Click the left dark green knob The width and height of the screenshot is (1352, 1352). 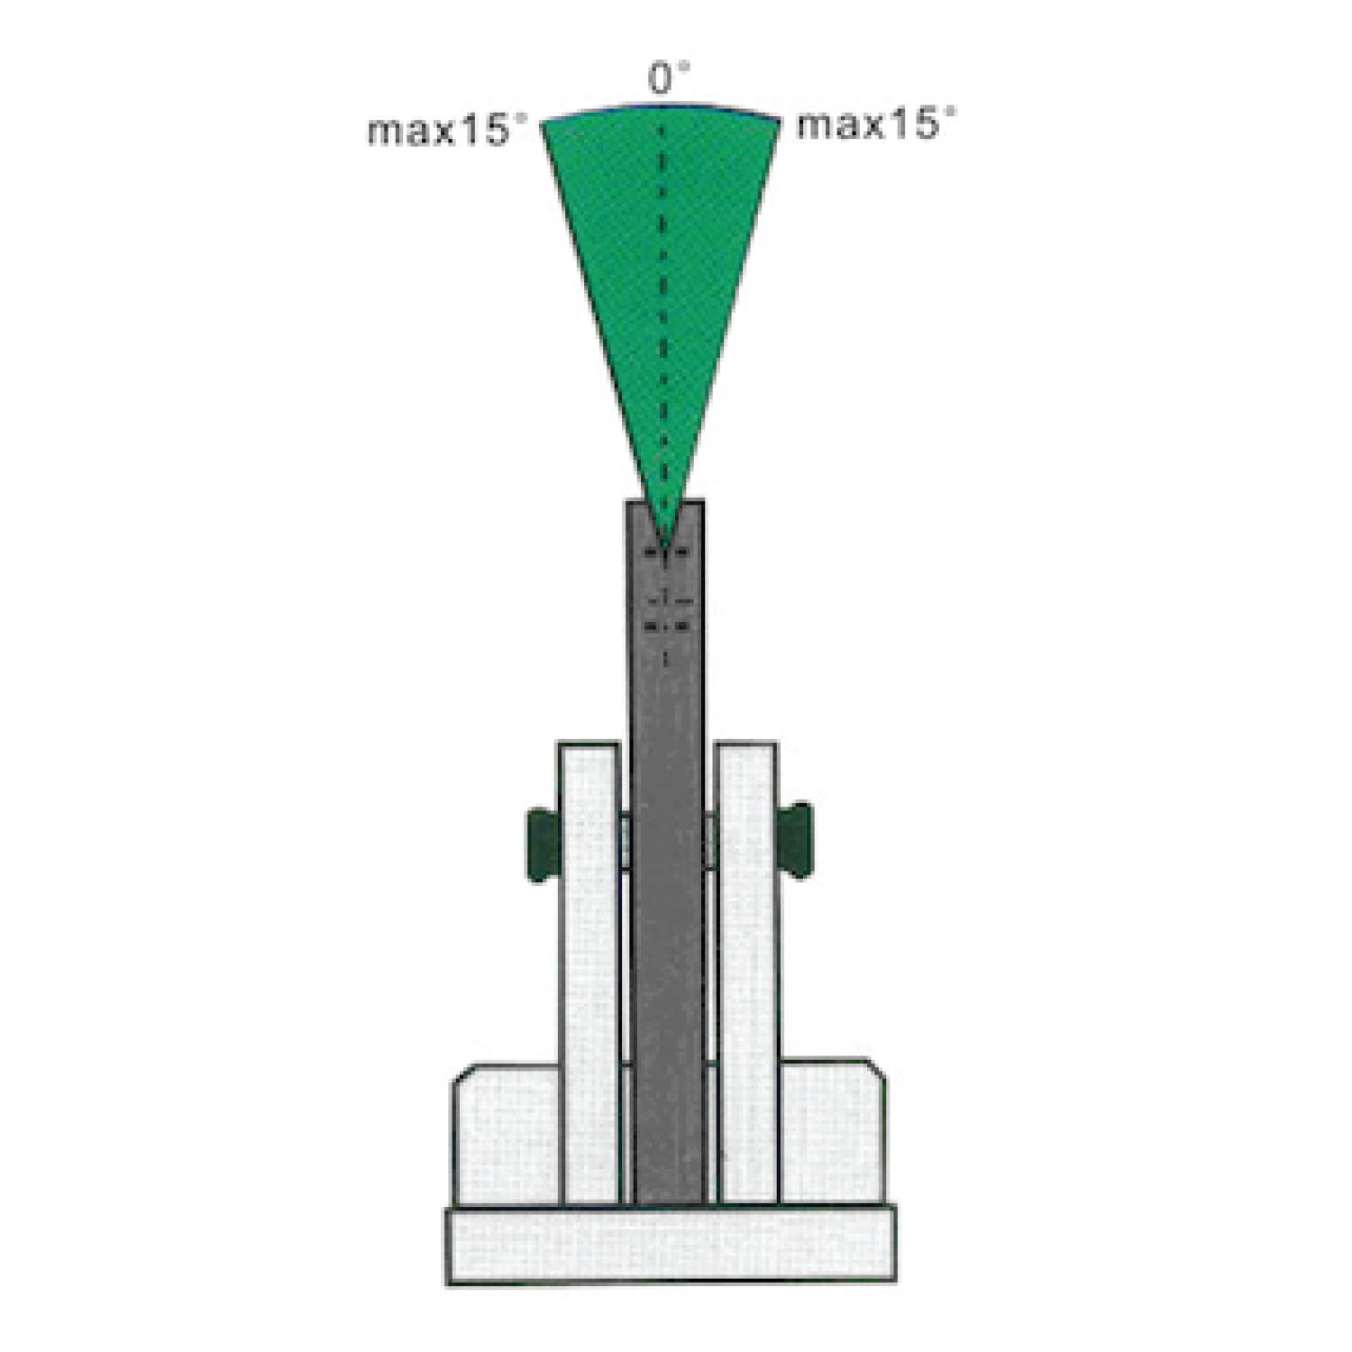tap(544, 845)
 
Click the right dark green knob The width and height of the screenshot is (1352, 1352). tap(795, 840)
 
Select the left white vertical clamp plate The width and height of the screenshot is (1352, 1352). tap(589, 973)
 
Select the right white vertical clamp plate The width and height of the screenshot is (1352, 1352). tap(747, 973)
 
